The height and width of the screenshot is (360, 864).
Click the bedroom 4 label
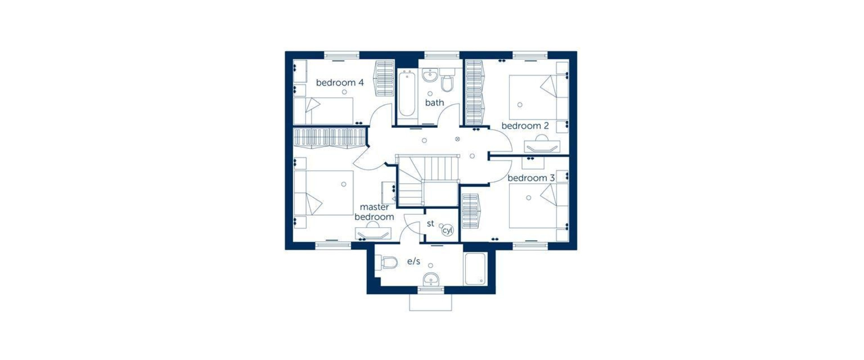(340, 83)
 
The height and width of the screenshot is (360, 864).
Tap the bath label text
(435, 103)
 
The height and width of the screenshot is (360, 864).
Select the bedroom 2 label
(525, 126)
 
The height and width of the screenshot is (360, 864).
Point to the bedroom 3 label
(531, 178)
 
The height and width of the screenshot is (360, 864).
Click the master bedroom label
(374, 212)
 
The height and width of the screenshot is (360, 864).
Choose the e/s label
(414, 261)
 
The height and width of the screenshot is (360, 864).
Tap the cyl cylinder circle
(447, 230)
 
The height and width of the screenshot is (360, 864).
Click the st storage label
(431, 223)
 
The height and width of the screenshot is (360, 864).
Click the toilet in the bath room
(447, 81)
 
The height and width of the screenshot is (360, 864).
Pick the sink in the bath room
(430, 76)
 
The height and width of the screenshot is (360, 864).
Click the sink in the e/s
(431, 279)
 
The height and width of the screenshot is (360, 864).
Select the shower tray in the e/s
(475, 269)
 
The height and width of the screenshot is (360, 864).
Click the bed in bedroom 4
(324, 111)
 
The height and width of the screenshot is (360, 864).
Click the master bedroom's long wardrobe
(329, 138)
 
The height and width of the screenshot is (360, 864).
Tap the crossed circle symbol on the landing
(458, 139)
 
